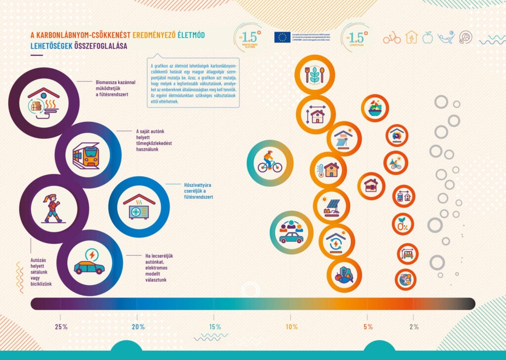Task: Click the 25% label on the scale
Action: pyautogui.click(x=61, y=326)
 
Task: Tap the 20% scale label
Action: pyautogui.click(x=138, y=326)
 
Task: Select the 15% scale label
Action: pyautogui.click(x=215, y=326)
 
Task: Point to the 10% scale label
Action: pyautogui.click(x=292, y=326)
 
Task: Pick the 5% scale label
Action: pyautogui.click(x=368, y=326)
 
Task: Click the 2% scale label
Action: pyautogui.click(x=414, y=326)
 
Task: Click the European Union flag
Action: pyautogui.click(x=283, y=37)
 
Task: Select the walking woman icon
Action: pyautogui.click(x=53, y=208)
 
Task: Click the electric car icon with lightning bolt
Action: pyautogui.click(x=89, y=262)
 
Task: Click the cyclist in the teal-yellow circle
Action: pyautogui.click(x=270, y=162)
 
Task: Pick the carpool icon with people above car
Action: pyautogui.click(x=292, y=232)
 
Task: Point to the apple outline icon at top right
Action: pyautogui.click(x=428, y=37)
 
